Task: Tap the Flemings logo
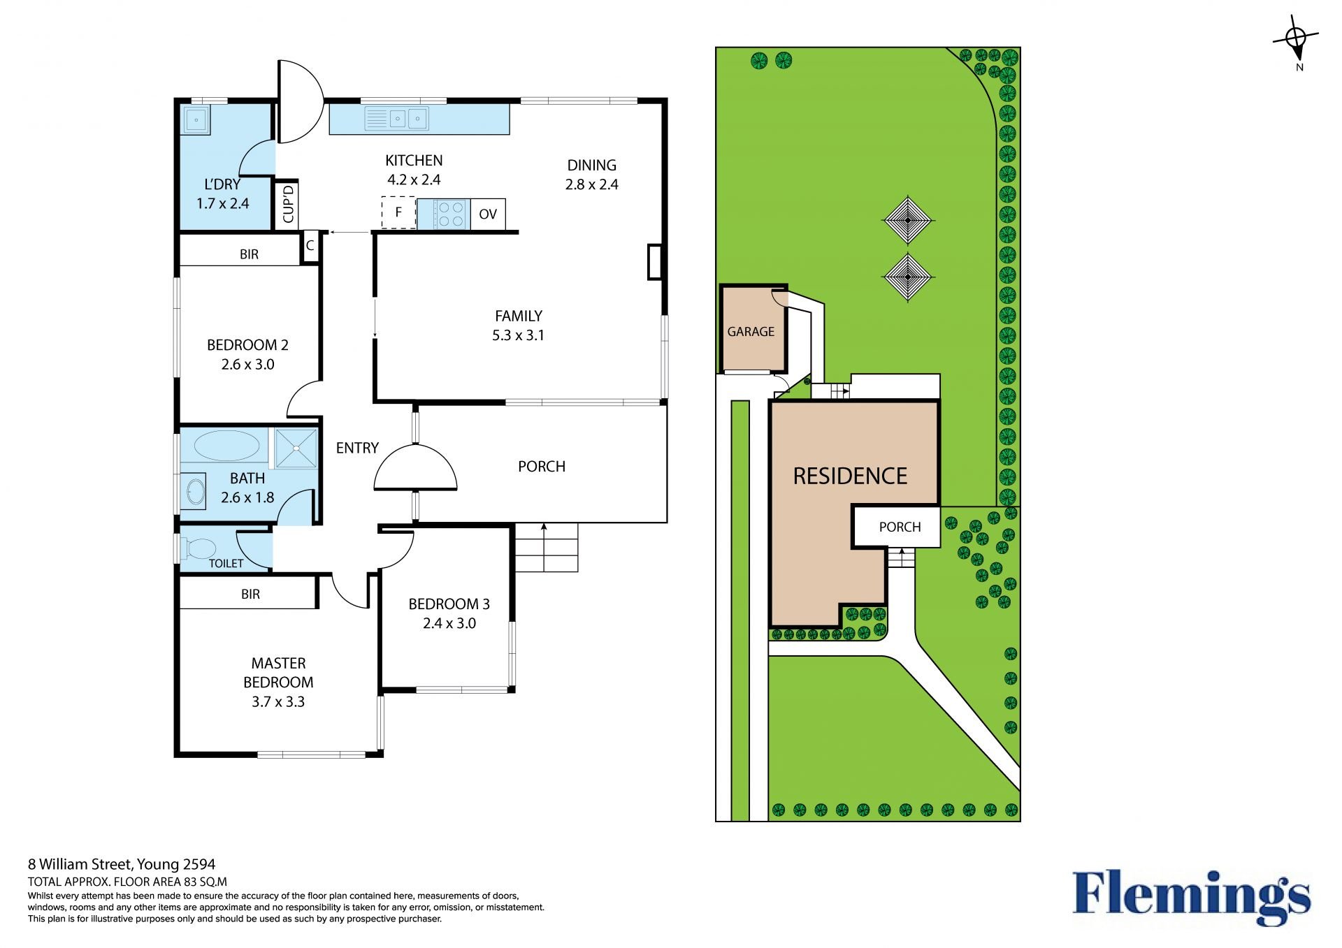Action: [x=1192, y=897]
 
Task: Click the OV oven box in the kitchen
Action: [x=488, y=214]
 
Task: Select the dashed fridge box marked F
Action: [x=398, y=212]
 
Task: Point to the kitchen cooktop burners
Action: [x=449, y=214]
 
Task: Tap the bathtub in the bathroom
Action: [x=226, y=446]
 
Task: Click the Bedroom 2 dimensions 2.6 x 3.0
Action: [x=247, y=364]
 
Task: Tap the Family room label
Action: [x=519, y=316]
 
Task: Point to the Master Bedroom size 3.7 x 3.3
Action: [x=278, y=701]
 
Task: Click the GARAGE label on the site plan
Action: [x=751, y=332]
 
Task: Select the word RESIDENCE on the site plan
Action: [x=850, y=476]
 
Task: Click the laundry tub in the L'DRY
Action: [x=196, y=119]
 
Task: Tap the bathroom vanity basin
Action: [x=194, y=491]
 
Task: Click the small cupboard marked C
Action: [x=310, y=246]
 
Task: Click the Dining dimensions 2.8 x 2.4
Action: [x=592, y=184]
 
